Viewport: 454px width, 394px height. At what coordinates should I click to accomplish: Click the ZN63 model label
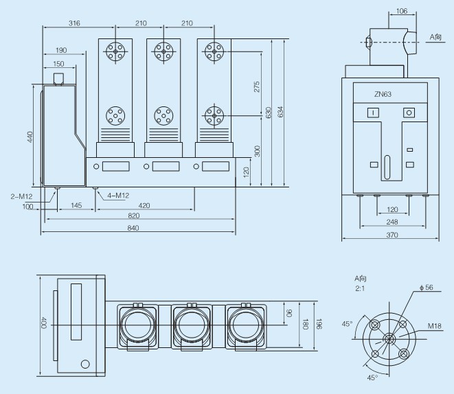click(383, 94)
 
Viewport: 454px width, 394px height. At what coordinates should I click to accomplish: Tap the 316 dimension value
click(74, 23)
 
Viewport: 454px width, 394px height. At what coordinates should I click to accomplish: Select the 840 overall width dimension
click(133, 228)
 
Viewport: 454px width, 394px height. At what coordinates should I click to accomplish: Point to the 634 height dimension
click(280, 112)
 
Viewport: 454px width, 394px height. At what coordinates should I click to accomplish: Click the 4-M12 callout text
click(118, 196)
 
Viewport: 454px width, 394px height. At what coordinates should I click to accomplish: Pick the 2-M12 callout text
click(21, 197)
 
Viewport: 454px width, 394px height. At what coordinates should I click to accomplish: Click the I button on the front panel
click(373, 113)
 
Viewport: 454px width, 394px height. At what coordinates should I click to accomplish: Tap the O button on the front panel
click(409, 113)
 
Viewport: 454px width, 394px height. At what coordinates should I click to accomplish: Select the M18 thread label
click(435, 326)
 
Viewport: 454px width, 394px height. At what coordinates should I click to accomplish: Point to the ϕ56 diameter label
click(427, 287)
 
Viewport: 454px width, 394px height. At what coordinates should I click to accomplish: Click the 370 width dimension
click(392, 235)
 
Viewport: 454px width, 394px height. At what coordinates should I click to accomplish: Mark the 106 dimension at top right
click(402, 11)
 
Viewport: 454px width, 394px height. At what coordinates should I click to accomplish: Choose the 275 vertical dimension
click(257, 86)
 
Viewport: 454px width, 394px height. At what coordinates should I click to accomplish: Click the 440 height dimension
click(30, 137)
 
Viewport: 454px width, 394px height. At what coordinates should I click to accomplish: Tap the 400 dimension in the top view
click(43, 323)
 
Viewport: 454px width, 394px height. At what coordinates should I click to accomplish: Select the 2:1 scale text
click(360, 288)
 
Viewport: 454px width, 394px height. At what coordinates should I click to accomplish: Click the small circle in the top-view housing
click(85, 364)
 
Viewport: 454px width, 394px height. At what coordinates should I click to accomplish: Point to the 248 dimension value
click(392, 222)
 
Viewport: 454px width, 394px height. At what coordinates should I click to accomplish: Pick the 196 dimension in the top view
click(319, 324)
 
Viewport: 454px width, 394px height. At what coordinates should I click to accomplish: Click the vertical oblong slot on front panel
click(387, 167)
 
